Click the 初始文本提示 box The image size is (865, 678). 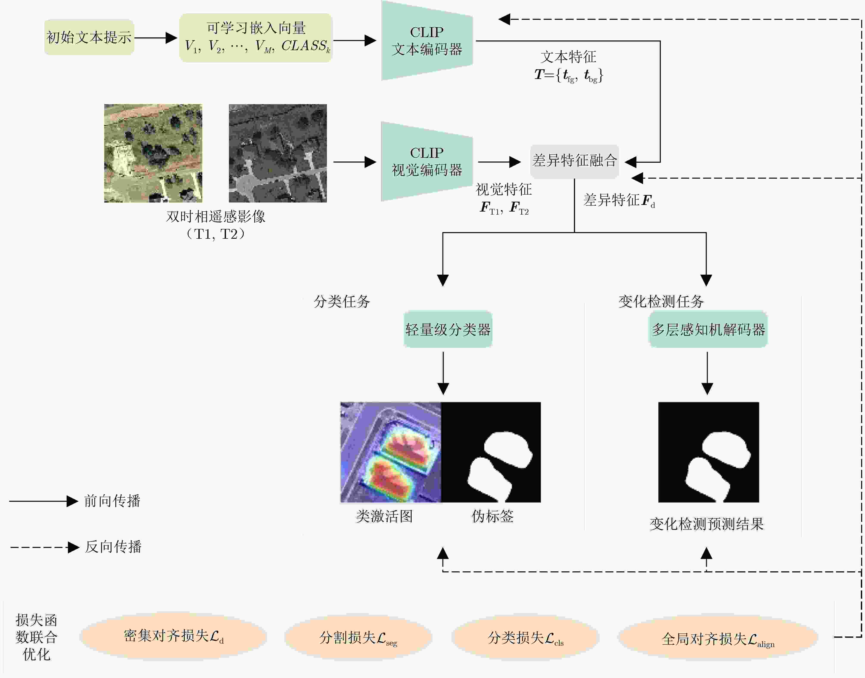[x=89, y=37]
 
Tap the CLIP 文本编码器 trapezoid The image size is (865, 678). [x=427, y=40]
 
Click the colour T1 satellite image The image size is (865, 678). [x=153, y=153]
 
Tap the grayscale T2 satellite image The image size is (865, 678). [x=278, y=153]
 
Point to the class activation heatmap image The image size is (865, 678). [x=391, y=452]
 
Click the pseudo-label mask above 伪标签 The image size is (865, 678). [x=491, y=452]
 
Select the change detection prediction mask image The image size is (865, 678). [x=709, y=452]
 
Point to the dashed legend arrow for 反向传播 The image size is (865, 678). [x=45, y=547]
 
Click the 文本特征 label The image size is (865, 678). [x=568, y=57]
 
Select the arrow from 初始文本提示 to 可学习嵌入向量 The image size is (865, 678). [x=156, y=38]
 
